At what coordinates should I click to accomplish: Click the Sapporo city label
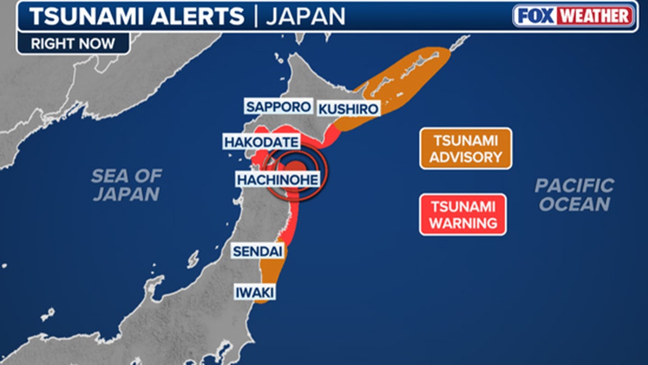[x=278, y=106]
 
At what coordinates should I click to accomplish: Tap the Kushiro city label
[x=348, y=109]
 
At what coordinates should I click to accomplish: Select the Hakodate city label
[x=262, y=142]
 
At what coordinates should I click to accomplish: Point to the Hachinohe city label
[x=277, y=179]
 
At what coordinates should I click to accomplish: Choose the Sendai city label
[x=257, y=252]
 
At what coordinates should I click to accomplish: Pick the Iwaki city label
[x=254, y=292]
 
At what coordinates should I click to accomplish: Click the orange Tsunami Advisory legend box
[x=465, y=148]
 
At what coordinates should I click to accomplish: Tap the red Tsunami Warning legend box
[x=463, y=214]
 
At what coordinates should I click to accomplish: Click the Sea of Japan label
[x=126, y=185]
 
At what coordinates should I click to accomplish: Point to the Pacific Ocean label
[x=574, y=195]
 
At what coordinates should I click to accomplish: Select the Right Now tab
[x=73, y=44]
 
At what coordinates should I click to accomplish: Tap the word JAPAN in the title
[x=305, y=17]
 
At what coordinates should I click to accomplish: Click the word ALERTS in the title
[x=196, y=17]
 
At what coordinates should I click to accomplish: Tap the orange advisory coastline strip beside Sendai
[x=270, y=269]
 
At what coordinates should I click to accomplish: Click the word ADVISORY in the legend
[x=465, y=157]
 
